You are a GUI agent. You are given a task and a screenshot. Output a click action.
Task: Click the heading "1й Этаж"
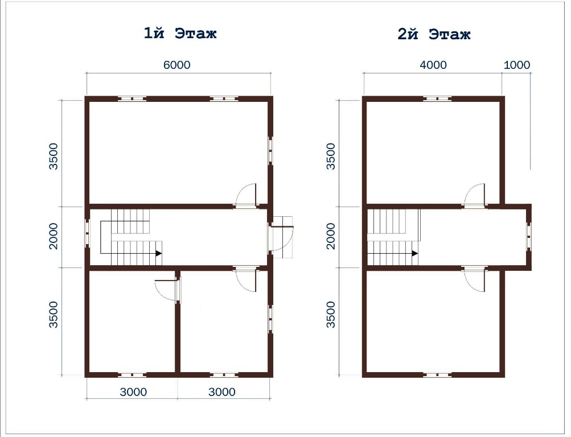[180, 34]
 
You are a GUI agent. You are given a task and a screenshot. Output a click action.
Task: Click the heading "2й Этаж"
[434, 34]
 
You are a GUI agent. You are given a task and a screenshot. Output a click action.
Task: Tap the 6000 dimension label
[176, 65]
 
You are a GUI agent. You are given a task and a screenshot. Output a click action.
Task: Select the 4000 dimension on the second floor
[433, 65]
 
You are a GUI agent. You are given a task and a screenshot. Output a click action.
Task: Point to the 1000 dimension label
[517, 65]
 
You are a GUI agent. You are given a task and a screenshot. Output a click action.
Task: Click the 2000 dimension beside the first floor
[54, 236]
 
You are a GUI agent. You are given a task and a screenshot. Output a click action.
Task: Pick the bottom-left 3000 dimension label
[133, 392]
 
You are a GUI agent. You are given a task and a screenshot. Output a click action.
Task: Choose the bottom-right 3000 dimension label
[222, 392]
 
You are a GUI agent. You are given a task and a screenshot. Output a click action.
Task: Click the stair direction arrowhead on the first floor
[159, 253]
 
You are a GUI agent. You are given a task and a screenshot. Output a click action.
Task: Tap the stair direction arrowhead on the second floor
[415, 253]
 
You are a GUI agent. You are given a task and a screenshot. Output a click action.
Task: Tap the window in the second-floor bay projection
[529, 237]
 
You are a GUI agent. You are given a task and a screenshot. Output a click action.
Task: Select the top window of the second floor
[437, 98]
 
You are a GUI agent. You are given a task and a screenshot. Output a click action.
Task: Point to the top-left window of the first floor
[132, 98]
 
